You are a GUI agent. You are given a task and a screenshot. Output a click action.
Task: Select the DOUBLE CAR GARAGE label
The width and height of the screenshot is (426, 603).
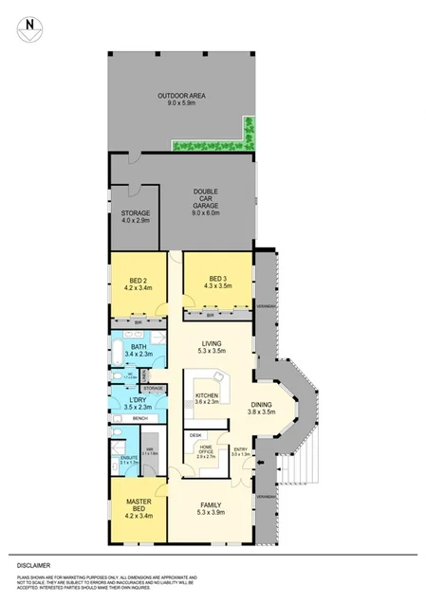point(206,202)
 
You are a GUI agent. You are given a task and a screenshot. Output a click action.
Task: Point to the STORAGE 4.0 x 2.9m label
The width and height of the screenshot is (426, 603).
point(136,217)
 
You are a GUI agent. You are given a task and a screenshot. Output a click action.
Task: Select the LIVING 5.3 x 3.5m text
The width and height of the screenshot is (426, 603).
point(211,348)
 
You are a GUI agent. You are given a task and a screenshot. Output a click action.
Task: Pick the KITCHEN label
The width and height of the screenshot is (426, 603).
point(207,398)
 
